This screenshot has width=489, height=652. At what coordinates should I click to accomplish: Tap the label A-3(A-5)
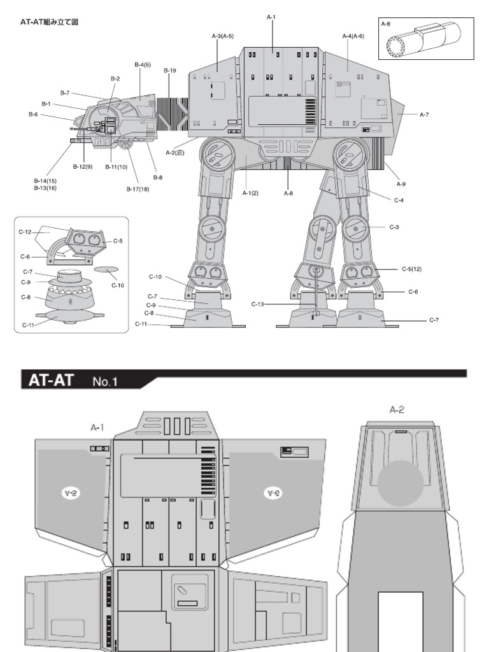click(222, 36)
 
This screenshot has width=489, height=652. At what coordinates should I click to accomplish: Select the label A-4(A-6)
click(353, 36)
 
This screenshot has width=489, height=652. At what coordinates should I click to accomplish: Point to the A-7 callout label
click(424, 115)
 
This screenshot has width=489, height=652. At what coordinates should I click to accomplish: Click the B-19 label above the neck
click(169, 71)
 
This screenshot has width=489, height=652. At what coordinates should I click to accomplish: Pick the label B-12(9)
click(83, 167)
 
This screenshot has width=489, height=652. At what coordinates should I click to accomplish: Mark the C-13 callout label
click(257, 304)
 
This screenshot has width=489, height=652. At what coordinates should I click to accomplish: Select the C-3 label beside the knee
click(394, 227)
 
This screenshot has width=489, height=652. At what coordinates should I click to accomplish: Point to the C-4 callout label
click(399, 201)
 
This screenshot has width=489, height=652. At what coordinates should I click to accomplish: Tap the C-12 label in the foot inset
click(25, 232)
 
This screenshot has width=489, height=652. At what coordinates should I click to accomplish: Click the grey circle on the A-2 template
click(400, 481)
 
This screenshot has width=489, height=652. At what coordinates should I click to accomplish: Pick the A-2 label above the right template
click(397, 410)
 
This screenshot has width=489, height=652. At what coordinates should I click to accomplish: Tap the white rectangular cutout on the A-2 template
click(400, 621)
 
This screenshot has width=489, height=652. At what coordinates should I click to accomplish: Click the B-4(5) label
click(142, 64)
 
